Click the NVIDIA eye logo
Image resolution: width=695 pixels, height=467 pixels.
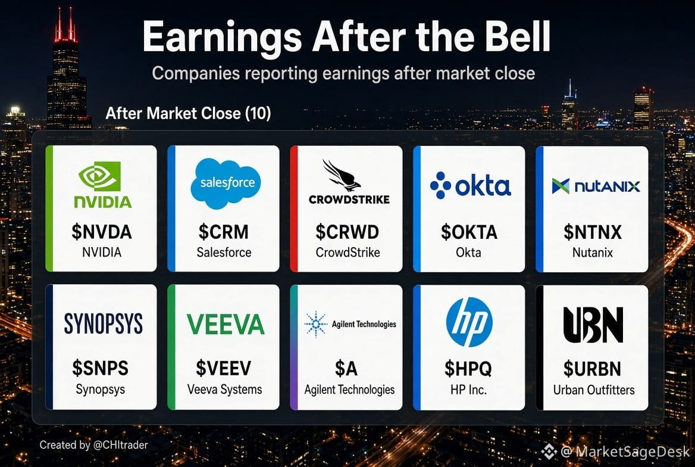tap(100, 176)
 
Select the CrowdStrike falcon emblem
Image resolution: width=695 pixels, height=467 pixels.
tap(342, 175)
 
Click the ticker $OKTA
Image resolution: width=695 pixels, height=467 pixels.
tap(469, 232)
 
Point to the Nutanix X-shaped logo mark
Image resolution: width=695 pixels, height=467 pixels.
tap(561, 186)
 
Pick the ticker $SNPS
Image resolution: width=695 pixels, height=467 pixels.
tap(100, 368)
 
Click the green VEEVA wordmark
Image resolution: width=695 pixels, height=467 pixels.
tap(226, 324)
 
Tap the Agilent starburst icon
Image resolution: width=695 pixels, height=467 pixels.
tap(315, 324)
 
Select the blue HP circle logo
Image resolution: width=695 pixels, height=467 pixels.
tap(469, 322)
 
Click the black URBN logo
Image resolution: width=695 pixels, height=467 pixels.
tap(593, 325)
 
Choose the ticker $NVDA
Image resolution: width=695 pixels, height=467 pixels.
tap(102, 232)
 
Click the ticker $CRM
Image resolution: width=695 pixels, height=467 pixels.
tap(223, 232)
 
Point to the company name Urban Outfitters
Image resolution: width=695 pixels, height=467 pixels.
tap(593, 390)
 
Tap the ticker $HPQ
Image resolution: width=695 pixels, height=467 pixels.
tap(468, 369)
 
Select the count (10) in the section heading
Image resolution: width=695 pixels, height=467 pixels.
tap(258, 113)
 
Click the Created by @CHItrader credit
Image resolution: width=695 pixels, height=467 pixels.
tap(93, 445)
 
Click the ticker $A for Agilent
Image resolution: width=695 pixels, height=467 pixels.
tap(346, 369)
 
